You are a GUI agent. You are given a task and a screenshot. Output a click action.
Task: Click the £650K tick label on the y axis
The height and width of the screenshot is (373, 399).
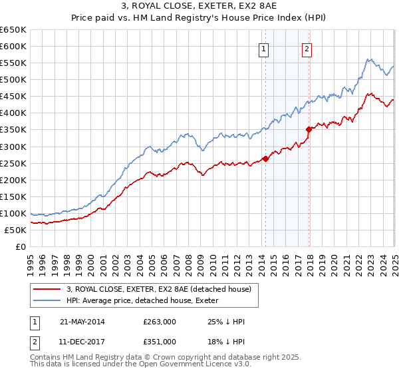point(13,30)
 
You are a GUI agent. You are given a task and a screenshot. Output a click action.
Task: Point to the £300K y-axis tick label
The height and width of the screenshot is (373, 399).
point(13,147)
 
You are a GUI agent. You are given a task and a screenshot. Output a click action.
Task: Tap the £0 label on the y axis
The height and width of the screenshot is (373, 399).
point(21,246)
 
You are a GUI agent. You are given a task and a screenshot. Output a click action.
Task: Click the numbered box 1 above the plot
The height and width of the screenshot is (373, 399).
point(264,48)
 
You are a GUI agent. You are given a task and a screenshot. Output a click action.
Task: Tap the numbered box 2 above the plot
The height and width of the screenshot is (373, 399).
point(307,48)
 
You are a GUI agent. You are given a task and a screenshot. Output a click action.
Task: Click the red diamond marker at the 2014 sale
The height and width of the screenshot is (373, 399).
point(265,159)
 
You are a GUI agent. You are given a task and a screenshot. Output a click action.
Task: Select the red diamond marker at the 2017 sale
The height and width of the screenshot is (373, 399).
point(309,129)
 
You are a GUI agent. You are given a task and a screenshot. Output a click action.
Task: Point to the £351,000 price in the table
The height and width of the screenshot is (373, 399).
point(159,341)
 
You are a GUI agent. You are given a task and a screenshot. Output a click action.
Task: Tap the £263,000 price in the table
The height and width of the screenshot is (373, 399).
point(159,322)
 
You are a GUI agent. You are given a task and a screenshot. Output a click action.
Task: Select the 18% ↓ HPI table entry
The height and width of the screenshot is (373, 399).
point(226,341)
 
